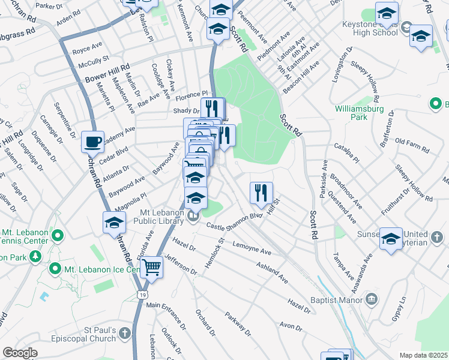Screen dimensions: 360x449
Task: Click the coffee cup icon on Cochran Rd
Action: click(92, 142)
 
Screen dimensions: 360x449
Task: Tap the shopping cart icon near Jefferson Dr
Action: click(151, 267)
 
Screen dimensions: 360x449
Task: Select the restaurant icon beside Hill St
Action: click(261, 193)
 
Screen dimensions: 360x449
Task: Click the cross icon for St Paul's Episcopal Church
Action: click(124, 332)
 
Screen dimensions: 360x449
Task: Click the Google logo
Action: click(20, 353)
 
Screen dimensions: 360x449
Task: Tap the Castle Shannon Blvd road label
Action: click(235, 221)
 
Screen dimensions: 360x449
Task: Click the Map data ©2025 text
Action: click(423, 355)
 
